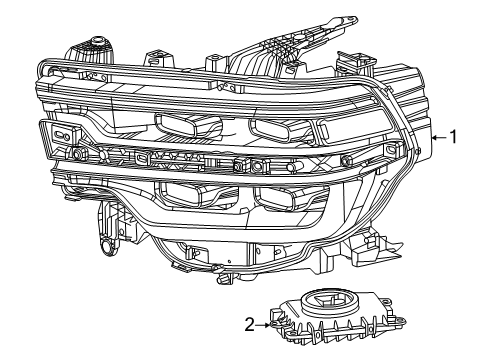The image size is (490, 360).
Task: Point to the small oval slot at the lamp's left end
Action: [x=61, y=134]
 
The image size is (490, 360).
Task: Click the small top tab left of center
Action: [x=154, y=59]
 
